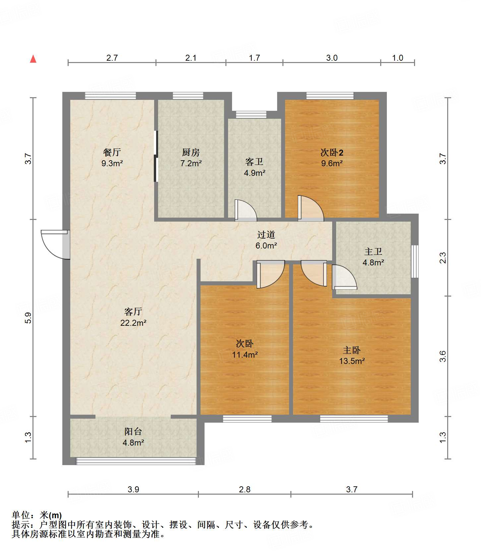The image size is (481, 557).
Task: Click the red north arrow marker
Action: click(x=33, y=59)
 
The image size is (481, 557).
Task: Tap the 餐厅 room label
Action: click(x=112, y=152)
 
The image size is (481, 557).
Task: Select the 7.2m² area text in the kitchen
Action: click(x=191, y=164)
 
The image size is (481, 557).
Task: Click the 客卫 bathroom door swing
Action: click(x=246, y=210)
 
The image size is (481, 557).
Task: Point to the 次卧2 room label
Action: click(x=332, y=153)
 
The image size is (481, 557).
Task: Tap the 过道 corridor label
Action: click(x=266, y=235)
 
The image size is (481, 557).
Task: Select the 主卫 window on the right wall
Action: click(x=415, y=261)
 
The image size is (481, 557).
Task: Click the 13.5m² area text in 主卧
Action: click(x=352, y=361)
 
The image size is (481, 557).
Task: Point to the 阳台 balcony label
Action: click(x=133, y=431)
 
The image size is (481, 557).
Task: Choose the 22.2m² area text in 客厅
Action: click(x=133, y=323)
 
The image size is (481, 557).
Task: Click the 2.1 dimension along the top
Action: click(x=191, y=58)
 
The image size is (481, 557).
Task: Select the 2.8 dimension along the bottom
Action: click(x=245, y=489)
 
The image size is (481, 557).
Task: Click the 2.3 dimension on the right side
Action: click(x=443, y=258)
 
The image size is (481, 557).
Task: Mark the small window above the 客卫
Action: click(x=251, y=115)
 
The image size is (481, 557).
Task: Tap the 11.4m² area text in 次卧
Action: click(x=245, y=355)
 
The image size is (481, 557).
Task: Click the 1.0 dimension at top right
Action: click(x=397, y=58)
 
